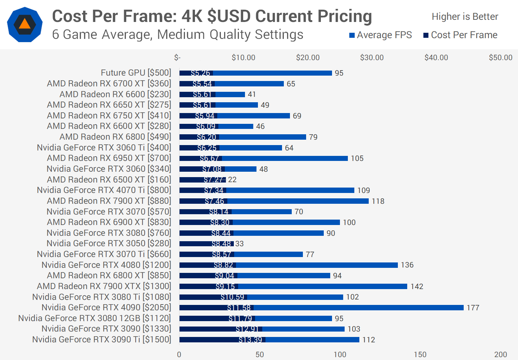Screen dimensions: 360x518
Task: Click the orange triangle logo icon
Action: coord(24,24)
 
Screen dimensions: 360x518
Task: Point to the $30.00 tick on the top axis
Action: coord(372,58)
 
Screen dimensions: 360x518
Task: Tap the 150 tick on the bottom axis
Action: coord(420,354)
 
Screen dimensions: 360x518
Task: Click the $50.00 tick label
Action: coord(500,58)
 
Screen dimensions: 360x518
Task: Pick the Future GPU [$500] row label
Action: coord(136,73)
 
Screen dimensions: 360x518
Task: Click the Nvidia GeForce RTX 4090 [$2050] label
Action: coord(106,307)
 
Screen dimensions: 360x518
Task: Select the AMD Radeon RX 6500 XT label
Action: coord(109,179)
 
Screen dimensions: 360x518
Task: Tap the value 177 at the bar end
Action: coord(473,308)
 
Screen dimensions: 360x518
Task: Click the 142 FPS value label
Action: coord(417,287)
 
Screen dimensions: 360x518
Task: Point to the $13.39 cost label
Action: coord(250,340)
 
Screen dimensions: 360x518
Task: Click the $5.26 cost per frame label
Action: coord(200,73)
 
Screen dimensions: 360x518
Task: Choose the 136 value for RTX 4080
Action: coord(407,265)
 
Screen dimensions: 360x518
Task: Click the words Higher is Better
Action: coord(465,17)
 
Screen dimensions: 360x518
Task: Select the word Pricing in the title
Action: coord(345,17)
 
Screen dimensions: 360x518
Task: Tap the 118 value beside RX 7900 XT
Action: coord(378,201)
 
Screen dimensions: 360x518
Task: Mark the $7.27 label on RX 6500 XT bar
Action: coord(214,180)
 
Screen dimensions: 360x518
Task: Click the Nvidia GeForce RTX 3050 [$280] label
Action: coord(109,243)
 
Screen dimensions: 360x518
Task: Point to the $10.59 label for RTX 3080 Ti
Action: coord(232,297)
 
